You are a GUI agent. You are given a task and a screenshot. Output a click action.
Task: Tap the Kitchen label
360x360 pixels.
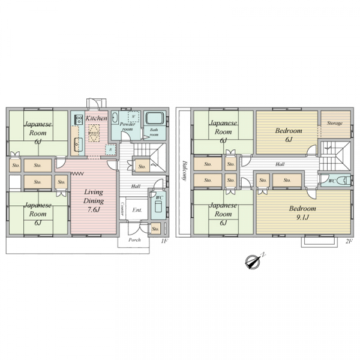click(x=97, y=118)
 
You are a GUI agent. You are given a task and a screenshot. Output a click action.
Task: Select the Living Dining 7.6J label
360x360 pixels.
click(x=94, y=200)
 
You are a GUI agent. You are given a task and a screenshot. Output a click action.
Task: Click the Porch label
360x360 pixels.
click(x=134, y=240)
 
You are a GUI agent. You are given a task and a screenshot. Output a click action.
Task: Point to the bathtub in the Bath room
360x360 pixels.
click(x=155, y=118)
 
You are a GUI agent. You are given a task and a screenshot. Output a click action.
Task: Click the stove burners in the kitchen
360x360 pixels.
click(x=79, y=119)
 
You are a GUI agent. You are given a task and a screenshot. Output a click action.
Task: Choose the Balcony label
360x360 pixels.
click(x=184, y=170)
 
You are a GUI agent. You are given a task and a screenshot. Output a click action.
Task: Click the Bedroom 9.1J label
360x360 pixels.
click(x=302, y=212)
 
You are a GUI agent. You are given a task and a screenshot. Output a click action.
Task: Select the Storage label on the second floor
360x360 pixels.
click(x=335, y=123)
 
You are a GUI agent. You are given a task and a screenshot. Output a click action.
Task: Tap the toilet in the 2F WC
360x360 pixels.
click(x=347, y=181)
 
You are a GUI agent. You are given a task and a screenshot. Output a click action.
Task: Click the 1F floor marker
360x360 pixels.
click(x=165, y=241)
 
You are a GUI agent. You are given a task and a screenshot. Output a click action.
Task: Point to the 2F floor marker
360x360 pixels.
click(x=349, y=241)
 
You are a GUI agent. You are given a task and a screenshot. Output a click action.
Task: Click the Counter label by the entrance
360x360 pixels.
click(x=122, y=209)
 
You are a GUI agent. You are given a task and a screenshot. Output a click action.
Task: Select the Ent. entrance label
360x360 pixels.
click(x=137, y=210)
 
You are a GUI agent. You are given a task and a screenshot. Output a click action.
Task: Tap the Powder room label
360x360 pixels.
click(x=127, y=127)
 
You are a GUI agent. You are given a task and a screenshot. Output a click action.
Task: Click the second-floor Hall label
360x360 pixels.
click(x=280, y=164)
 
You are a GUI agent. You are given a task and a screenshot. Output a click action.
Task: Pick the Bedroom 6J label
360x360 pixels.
click(x=289, y=135)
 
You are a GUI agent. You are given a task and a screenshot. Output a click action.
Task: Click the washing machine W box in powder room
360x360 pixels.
click(x=133, y=116)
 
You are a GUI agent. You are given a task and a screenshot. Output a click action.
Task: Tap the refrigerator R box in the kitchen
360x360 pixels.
click(x=110, y=149)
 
